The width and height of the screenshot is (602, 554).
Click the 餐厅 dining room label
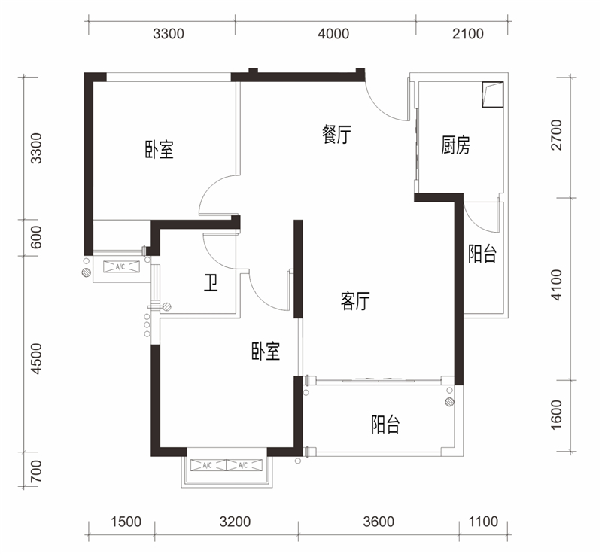(336, 135)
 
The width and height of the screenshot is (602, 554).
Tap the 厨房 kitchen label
(456, 145)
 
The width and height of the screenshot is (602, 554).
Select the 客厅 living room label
(355, 300)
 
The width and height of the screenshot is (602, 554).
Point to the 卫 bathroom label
(211, 283)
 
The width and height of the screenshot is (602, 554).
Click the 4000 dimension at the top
(333, 34)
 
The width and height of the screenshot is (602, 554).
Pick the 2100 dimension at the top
(467, 34)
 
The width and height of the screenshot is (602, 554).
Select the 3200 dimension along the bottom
(235, 522)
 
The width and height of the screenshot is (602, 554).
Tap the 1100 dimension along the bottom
(483, 522)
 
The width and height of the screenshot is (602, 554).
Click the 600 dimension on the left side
(35, 237)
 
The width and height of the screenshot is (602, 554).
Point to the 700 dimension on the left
(35, 471)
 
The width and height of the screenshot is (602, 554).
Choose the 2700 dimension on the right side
(556, 135)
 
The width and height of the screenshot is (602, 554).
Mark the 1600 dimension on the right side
(556, 415)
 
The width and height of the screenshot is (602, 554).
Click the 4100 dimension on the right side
(556, 285)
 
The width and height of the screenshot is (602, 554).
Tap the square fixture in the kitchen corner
(493, 94)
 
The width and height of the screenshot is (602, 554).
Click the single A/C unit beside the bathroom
(121, 266)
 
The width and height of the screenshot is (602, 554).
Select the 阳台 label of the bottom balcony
(385, 425)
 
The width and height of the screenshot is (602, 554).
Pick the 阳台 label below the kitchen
(482, 254)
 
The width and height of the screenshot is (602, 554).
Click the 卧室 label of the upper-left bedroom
(159, 149)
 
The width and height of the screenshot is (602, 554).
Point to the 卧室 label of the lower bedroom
(266, 351)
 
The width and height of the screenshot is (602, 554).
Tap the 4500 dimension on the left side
(35, 358)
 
